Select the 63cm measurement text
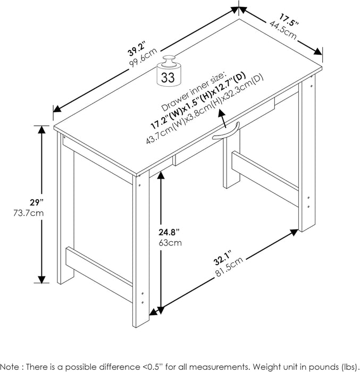(x=172, y=243)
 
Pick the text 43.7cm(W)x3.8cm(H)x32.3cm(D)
(x=205, y=113)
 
